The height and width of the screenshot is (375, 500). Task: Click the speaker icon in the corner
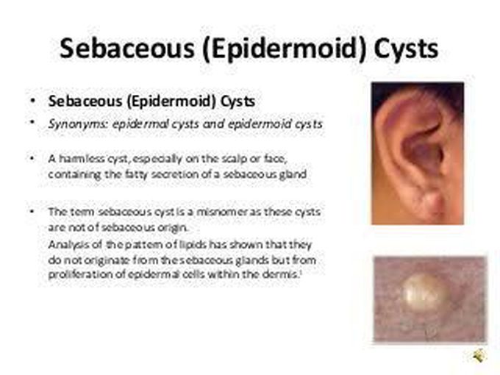(x=479, y=356)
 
